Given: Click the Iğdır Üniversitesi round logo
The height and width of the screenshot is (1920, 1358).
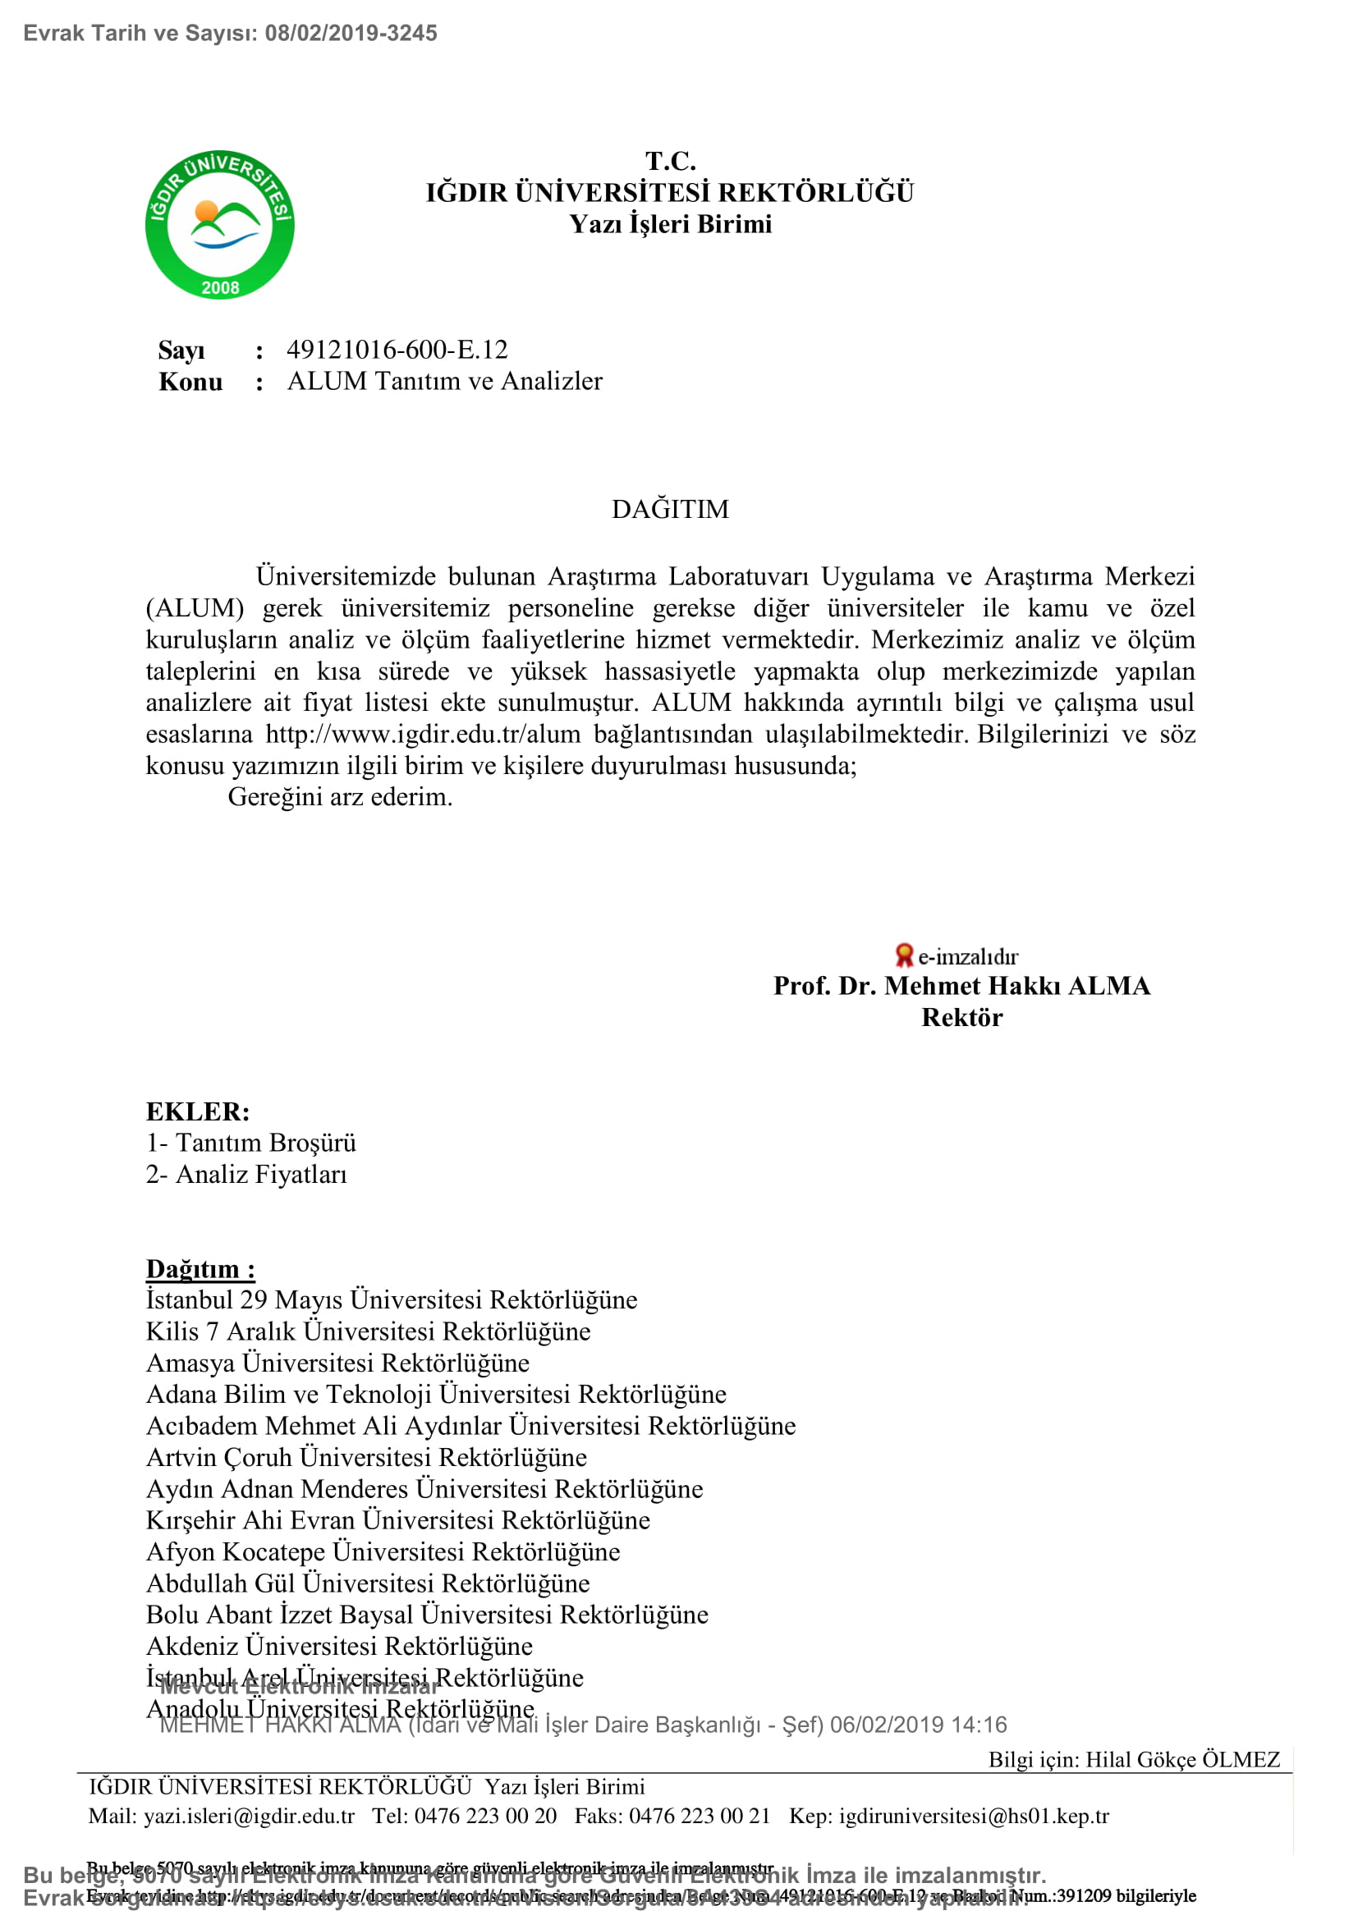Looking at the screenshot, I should point(219,225).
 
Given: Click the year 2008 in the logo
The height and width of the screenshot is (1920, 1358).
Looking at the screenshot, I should point(220,287).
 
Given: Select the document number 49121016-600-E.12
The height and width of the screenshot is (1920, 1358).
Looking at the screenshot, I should point(397,350).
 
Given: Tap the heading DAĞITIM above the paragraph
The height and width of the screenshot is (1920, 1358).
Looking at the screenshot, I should point(670,509).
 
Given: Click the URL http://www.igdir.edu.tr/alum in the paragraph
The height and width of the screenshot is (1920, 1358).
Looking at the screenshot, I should point(423,734).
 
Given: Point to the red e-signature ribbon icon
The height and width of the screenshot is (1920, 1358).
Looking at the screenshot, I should point(903,955).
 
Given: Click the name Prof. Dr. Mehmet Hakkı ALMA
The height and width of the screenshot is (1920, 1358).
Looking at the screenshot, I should point(961,986).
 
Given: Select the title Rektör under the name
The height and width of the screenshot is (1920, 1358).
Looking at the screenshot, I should point(961,1018).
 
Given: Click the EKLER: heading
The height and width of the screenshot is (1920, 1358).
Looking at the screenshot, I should point(198,1111).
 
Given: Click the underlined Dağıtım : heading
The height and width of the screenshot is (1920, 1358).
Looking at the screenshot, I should point(200,1268).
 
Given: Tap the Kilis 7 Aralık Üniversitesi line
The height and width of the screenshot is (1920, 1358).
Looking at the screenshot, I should point(368,1331).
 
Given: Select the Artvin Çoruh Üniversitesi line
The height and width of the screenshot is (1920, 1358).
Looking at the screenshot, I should point(366,1457).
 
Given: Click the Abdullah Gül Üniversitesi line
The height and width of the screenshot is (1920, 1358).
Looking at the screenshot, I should point(368,1583).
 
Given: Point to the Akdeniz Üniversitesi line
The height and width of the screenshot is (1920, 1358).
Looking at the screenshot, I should point(338,1646).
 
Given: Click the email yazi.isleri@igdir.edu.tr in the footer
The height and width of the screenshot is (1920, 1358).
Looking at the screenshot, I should point(250,1817).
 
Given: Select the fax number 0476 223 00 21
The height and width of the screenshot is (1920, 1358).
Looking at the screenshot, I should point(699,1817).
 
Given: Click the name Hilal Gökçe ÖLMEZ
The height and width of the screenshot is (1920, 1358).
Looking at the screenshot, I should point(1182,1759).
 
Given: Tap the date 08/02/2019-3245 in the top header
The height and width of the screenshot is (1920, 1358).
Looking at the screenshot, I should point(351,34).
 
